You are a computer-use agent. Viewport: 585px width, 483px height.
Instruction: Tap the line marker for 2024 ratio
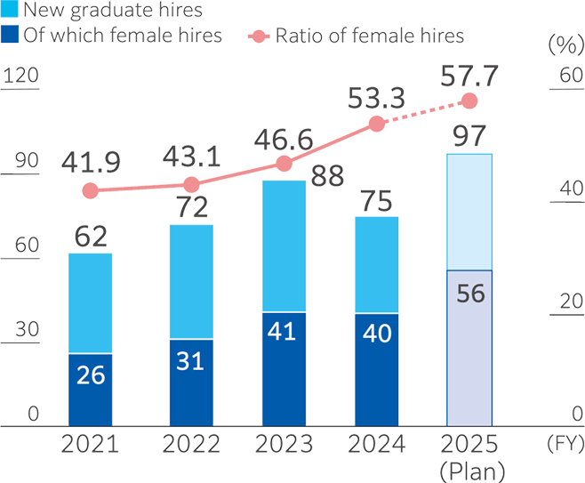click(377, 124)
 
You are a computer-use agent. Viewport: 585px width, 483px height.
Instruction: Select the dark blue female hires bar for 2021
click(90, 390)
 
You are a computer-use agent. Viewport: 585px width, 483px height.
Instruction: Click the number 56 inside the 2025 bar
click(469, 294)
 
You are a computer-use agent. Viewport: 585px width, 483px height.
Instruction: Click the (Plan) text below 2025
click(469, 469)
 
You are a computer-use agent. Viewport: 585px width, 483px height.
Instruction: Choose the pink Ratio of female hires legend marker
click(257, 36)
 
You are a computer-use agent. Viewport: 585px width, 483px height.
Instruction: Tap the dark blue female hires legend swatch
click(10, 36)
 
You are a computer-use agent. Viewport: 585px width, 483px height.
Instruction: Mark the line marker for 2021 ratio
click(90, 190)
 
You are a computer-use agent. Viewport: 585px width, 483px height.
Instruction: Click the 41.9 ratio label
click(91, 161)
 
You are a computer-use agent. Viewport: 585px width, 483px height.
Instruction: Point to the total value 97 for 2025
click(469, 138)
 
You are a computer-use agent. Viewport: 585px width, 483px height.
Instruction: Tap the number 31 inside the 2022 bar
click(191, 361)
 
